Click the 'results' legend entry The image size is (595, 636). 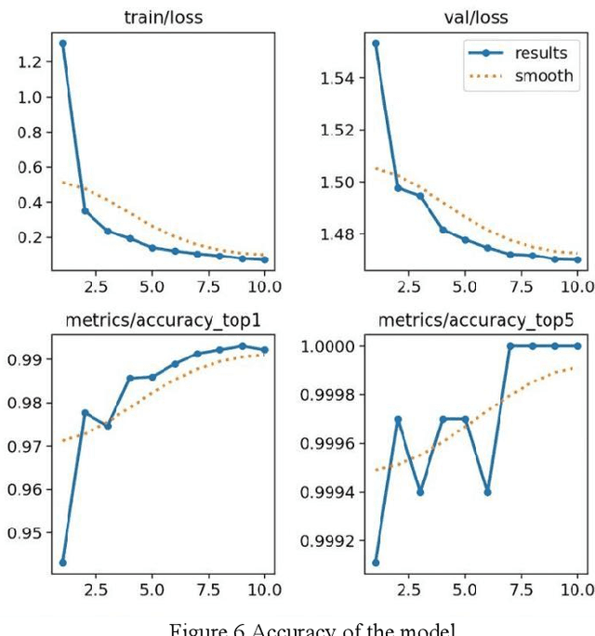(540, 53)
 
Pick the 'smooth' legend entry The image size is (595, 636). (544, 76)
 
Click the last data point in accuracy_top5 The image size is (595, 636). (576, 345)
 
